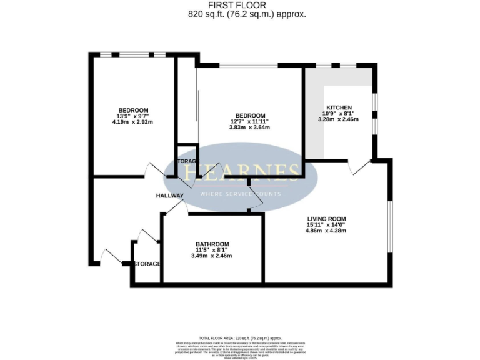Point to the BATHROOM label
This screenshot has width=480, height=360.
pos(212,244)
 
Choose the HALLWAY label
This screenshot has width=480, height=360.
pos(169,196)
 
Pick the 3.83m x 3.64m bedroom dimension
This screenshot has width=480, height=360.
pos(249,127)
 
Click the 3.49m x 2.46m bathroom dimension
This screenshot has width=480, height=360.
pos(212,256)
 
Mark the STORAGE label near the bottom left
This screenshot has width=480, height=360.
pos(147,264)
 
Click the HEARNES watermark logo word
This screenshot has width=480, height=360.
pos(241,172)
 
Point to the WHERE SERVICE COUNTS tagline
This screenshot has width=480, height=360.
pos(241,194)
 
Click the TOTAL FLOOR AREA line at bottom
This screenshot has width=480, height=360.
pos(240,337)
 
